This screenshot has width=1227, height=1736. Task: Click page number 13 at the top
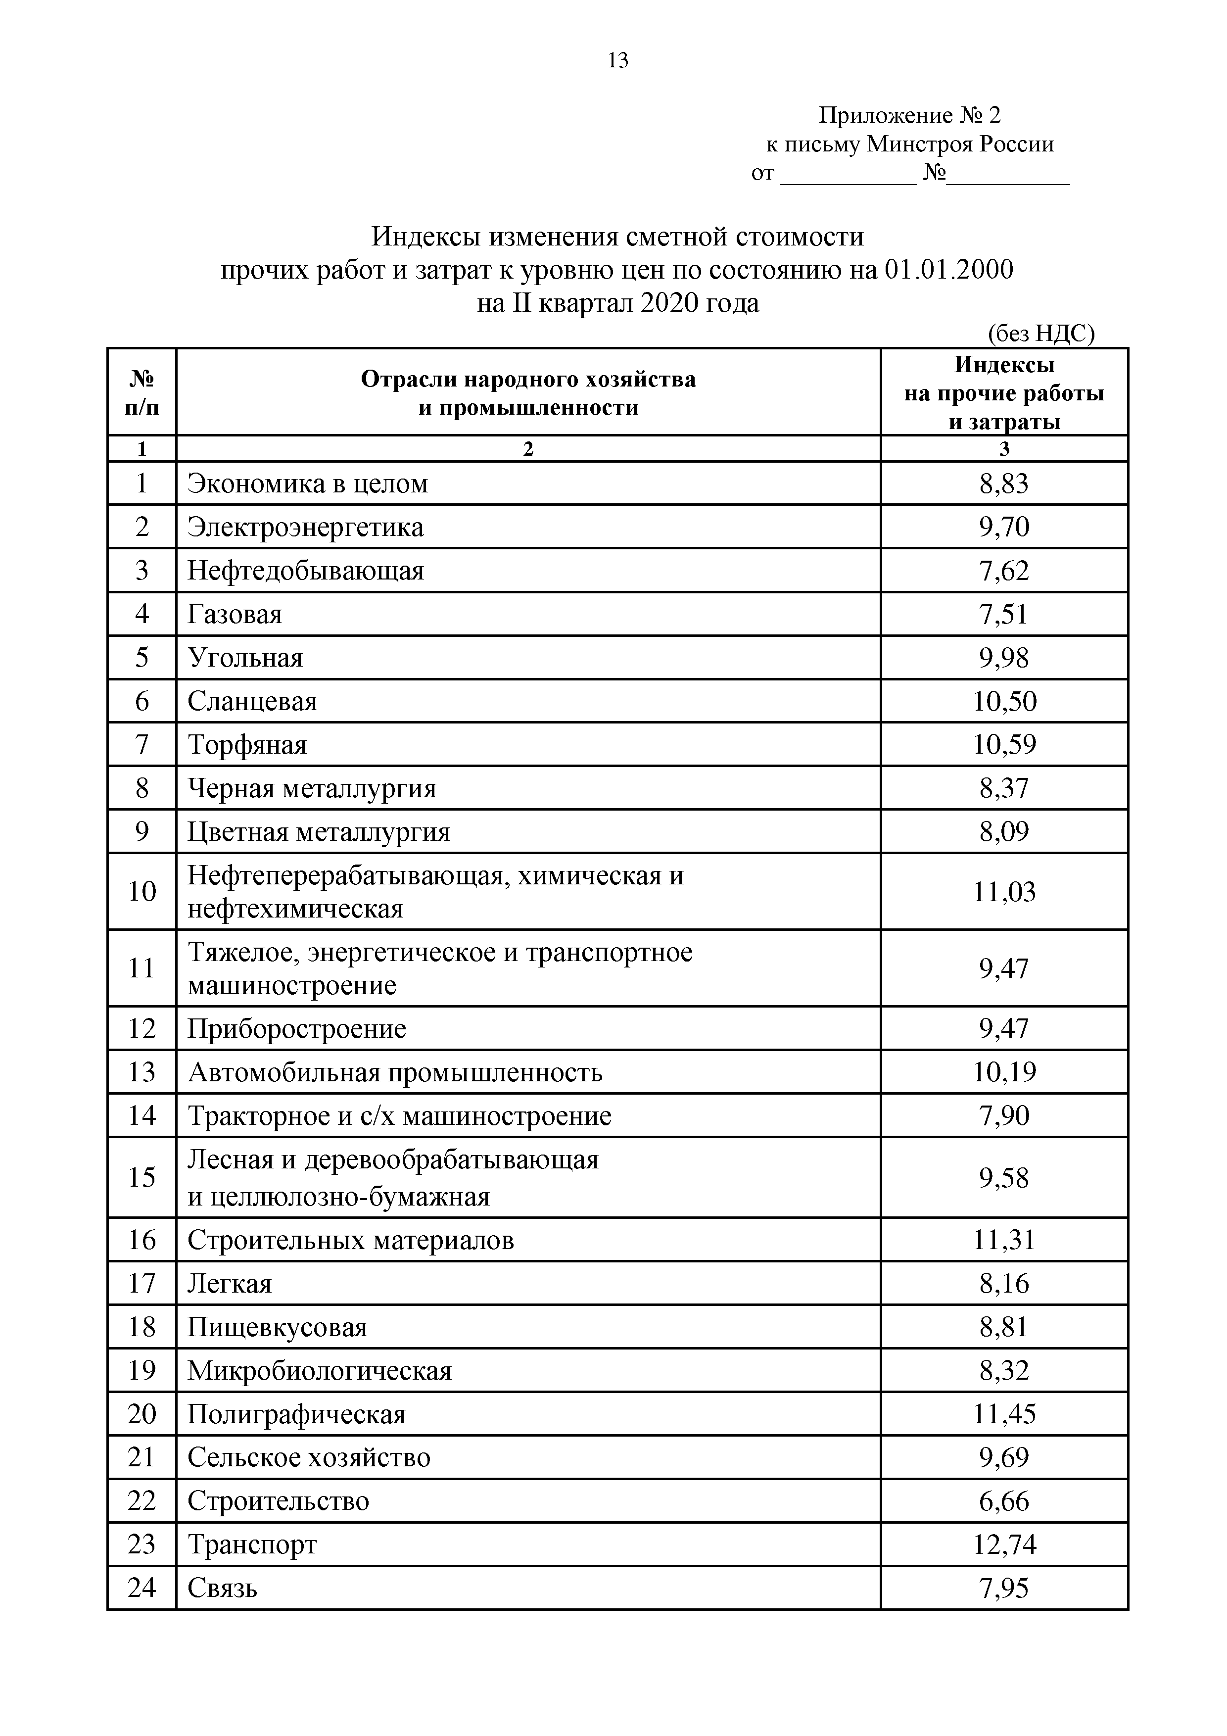pyautogui.click(x=617, y=60)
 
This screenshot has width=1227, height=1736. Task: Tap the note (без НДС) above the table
pyautogui.click(x=1040, y=334)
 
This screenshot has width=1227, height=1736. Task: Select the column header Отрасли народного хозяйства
pyautogui.click(x=528, y=379)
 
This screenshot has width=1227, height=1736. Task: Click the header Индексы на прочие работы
pyautogui.click(x=1003, y=393)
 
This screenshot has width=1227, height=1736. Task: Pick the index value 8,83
pyautogui.click(x=1004, y=483)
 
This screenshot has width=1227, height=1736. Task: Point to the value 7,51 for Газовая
pyautogui.click(x=1004, y=614)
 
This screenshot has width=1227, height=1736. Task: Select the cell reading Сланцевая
pyautogui.click(x=252, y=702)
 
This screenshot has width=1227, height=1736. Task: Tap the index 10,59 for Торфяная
pyautogui.click(x=1004, y=745)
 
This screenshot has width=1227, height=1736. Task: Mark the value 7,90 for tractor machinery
pyautogui.click(x=1004, y=1116)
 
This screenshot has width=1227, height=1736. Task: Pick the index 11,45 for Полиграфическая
pyautogui.click(x=1004, y=1414)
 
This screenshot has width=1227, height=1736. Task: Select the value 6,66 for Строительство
pyautogui.click(x=1004, y=1501)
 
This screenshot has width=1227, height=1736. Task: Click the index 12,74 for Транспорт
pyautogui.click(x=1004, y=1544)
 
